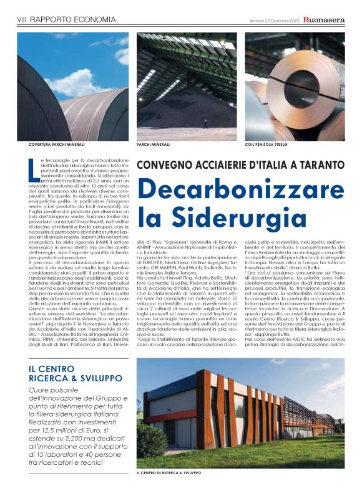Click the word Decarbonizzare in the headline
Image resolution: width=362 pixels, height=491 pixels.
point(240,190)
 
